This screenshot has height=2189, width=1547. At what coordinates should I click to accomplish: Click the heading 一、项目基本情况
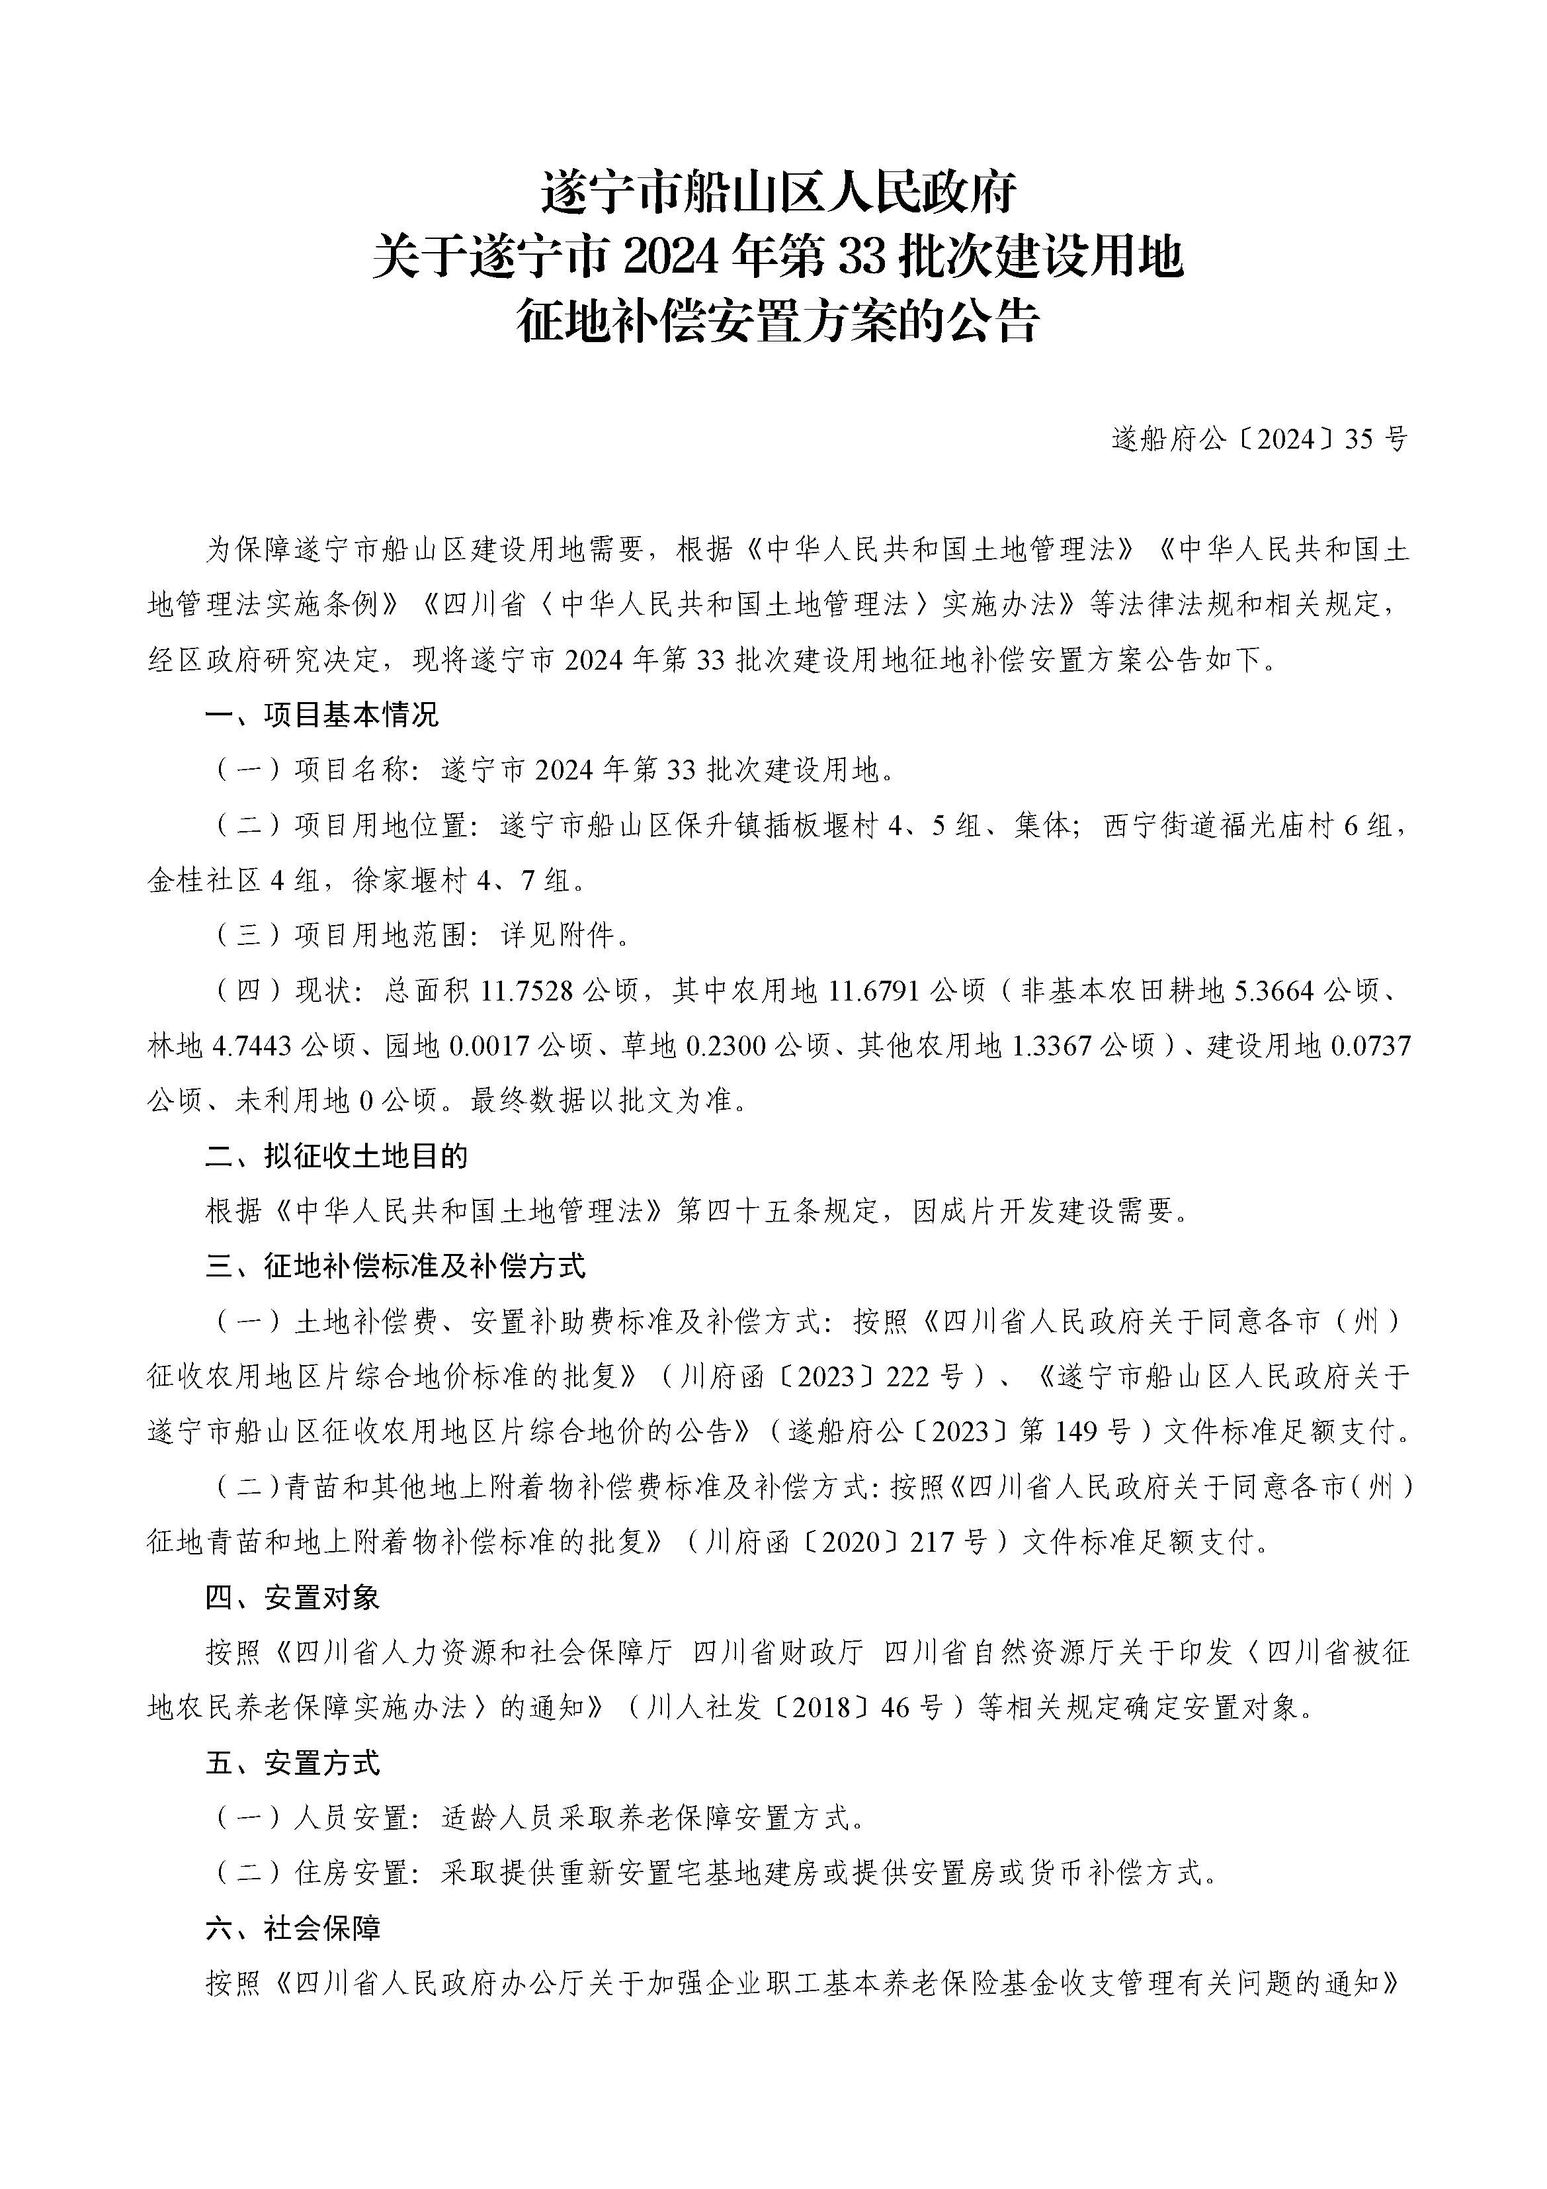pyautogui.click(x=321, y=715)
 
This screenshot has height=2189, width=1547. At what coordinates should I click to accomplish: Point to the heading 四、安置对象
pyautogui.click(x=292, y=1598)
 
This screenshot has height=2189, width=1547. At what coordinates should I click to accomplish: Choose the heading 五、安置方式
pyautogui.click(x=292, y=1763)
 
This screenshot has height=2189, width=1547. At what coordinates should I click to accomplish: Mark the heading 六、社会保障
pyautogui.click(x=292, y=1929)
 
